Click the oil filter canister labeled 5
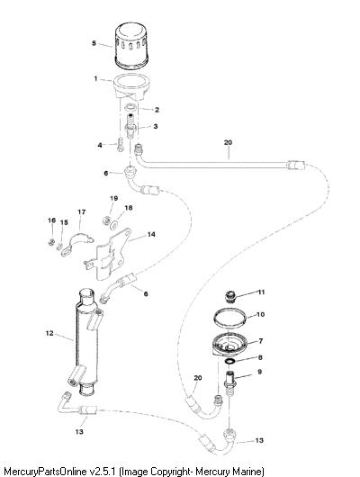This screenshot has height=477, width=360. pos(131,45)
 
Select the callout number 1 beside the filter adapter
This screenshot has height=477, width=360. pos(95,78)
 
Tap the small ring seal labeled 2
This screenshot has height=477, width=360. pos(131,107)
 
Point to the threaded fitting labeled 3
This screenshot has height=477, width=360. pos(131,126)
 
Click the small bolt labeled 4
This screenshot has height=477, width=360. pos(121,144)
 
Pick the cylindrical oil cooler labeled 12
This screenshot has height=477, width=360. pos(86,342)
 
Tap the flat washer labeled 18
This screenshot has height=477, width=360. pos(114,225)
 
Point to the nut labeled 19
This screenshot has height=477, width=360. pos(106,219)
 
